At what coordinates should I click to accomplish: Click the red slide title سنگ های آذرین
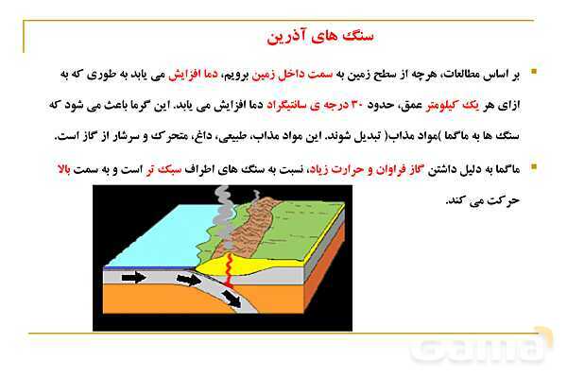click(x=320, y=37)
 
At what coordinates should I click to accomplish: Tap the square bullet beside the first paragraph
click(x=534, y=71)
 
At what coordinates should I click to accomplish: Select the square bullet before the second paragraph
click(x=534, y=166)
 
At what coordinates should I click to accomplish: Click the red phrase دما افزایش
click(x=194, y=75)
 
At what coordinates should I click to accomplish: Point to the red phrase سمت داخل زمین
click(x=292, y=75)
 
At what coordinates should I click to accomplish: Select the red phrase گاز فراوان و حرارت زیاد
click(x=365, y=169)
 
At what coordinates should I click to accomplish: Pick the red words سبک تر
click(x=163, y=169)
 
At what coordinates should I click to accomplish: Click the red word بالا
click(x=64, y=169)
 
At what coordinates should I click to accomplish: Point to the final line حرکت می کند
click(x=483, y=200)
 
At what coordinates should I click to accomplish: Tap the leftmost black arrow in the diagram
click(x=134, y=278)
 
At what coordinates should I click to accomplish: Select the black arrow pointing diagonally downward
click(x=232, y=299)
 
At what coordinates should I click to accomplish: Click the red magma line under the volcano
click(x=229, y=270)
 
